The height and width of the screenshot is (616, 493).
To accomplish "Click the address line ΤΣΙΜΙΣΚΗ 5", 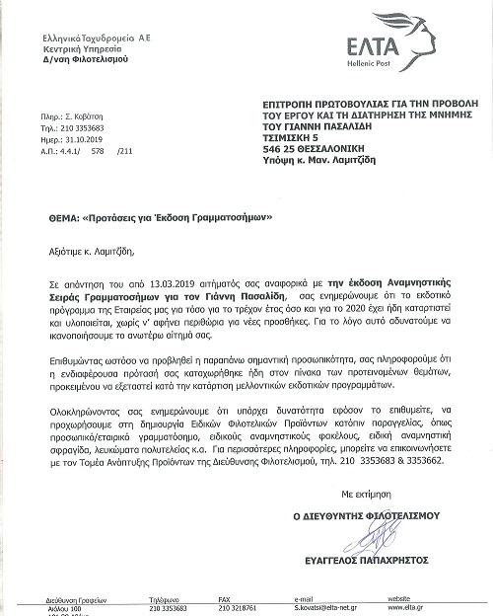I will pyautogui.click(x=293, y=139).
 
